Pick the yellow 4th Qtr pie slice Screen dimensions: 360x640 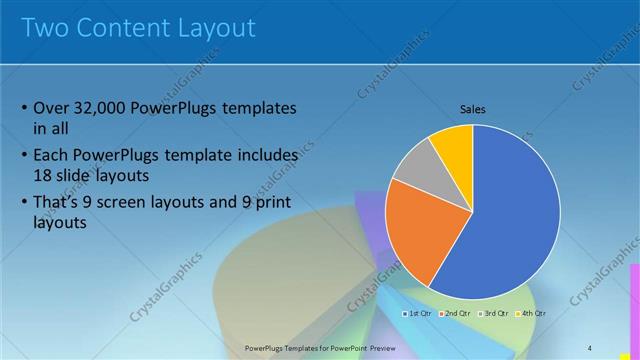(x=453, y=146)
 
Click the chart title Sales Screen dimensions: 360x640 (x=472, y=108)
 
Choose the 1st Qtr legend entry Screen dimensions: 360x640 (x=419, y=313)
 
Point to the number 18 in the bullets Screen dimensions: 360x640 (x=44, y=174)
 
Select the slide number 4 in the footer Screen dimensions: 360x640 (x=590, y=347)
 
